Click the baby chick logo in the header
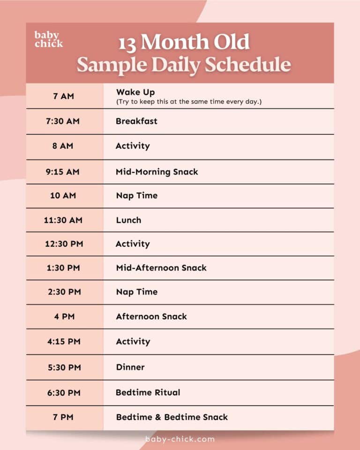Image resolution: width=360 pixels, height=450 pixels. tap(49, 39)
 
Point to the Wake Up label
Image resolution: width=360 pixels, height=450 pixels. tap(135, 92)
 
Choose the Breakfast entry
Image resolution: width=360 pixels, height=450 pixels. tap(136, 121)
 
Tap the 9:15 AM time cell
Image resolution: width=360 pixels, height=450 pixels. tap(62, 172)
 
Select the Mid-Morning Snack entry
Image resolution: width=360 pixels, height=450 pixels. tap(157, 172)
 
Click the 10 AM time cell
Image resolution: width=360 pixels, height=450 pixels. tap(63, 195)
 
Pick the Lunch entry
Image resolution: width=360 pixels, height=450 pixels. tap(128, 220)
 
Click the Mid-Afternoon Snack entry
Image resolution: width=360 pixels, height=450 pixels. tap(161, 268)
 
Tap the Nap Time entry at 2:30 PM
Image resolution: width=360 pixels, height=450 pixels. tap(137, 292)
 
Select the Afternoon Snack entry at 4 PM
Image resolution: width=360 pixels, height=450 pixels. tap(151, 316)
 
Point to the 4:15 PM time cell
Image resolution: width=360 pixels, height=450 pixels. tap(64, 341)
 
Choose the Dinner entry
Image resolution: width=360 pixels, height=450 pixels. tap(130, 367)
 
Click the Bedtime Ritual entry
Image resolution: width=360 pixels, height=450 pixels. tap(148, 392)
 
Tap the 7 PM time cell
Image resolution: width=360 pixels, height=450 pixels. tap(63, 417)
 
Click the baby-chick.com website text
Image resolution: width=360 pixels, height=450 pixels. tap(180, 439)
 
